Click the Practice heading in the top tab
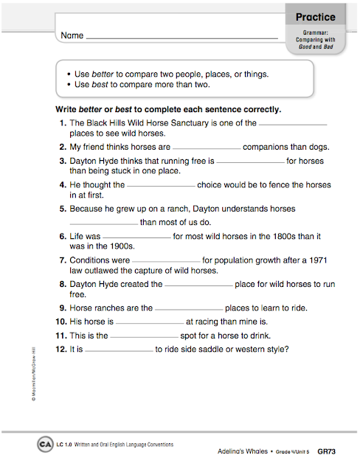315,17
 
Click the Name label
72,35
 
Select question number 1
63,124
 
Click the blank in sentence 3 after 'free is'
250,161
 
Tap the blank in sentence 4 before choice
161,186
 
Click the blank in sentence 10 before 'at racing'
150,323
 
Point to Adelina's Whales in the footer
248,450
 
